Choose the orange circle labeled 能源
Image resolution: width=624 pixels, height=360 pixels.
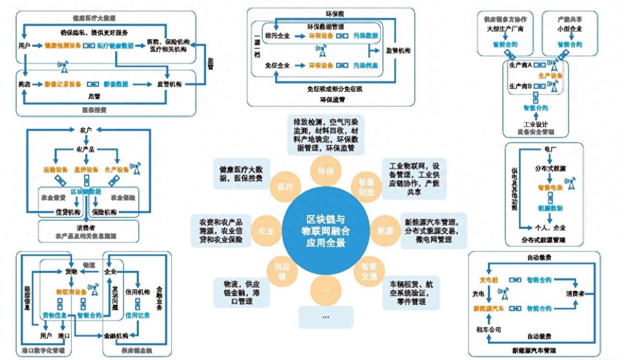385,231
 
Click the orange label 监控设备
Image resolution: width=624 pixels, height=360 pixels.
87,170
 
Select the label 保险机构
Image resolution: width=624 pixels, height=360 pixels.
107,212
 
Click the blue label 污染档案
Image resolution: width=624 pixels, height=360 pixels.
365,65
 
